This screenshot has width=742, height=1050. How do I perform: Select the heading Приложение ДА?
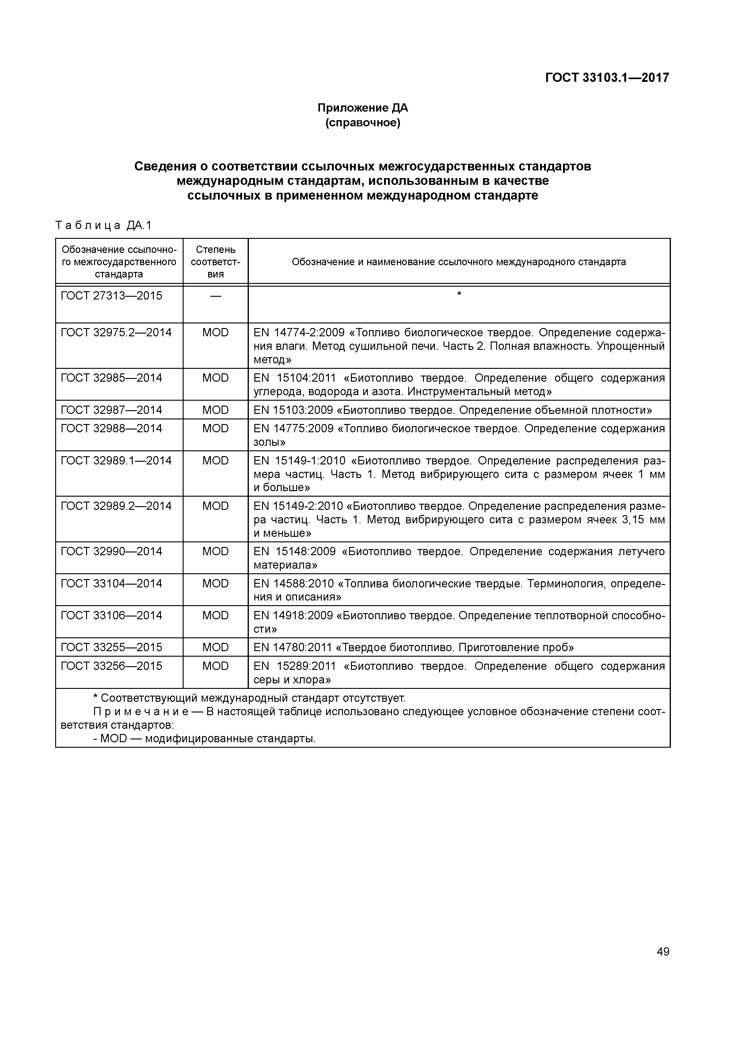click(x=363, y=109)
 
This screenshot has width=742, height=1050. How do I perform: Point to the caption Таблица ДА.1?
click(x=103, y=225)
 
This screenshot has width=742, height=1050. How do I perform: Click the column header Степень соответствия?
click(x=215, y=262)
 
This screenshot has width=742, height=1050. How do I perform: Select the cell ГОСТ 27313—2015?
click(x=112, y=296)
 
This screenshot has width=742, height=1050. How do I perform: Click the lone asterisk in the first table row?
click(x=459, y=294)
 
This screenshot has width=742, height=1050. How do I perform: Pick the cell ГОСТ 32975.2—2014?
click(x=116, y=332)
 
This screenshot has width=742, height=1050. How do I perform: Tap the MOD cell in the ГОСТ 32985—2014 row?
click(x=215, y=378)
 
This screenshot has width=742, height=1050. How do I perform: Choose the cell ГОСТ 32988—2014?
click(x=112, y=429)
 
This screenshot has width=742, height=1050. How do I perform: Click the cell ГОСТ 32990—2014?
click(x=112, y=552)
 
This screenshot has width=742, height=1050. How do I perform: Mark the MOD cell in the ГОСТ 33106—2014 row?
click(x=215, y=616)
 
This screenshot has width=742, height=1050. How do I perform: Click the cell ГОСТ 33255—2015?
click(x=112, y=647)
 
